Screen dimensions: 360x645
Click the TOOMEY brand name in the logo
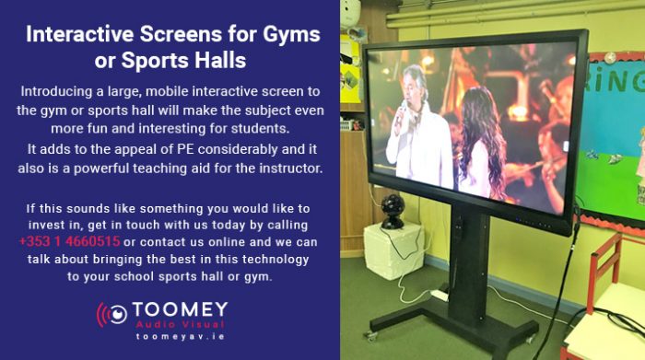coord(181,310)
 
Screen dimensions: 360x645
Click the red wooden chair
coord(609,276)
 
